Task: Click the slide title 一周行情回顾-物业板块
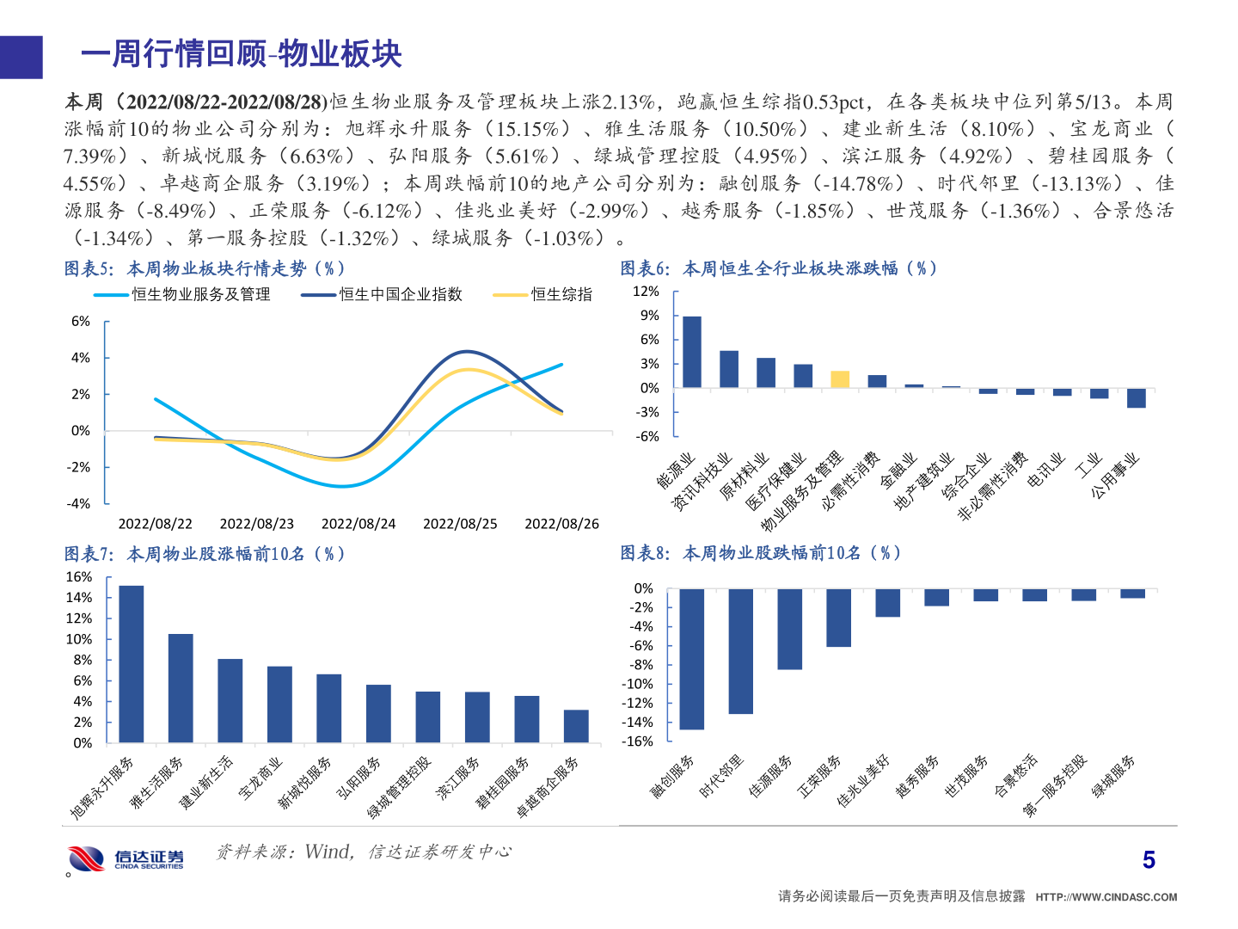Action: (241, 54)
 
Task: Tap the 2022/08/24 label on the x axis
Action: (359, 524)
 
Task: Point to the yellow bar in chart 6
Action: (840, 379)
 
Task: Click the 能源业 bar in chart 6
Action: (692, 353)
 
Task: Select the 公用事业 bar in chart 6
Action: (1136, 397)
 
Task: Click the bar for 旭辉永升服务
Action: (132, 664)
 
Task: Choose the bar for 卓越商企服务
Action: (576, 726)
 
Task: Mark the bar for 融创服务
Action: (691, 659)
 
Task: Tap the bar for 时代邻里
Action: (740, 651)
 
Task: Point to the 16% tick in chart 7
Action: (79, 577)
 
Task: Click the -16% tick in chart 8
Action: (639, 741)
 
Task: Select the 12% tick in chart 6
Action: (646, 292)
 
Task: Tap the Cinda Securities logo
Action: (126, 858)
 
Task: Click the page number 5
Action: (1149, 860)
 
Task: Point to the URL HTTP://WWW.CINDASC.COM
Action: (1106, 897)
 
